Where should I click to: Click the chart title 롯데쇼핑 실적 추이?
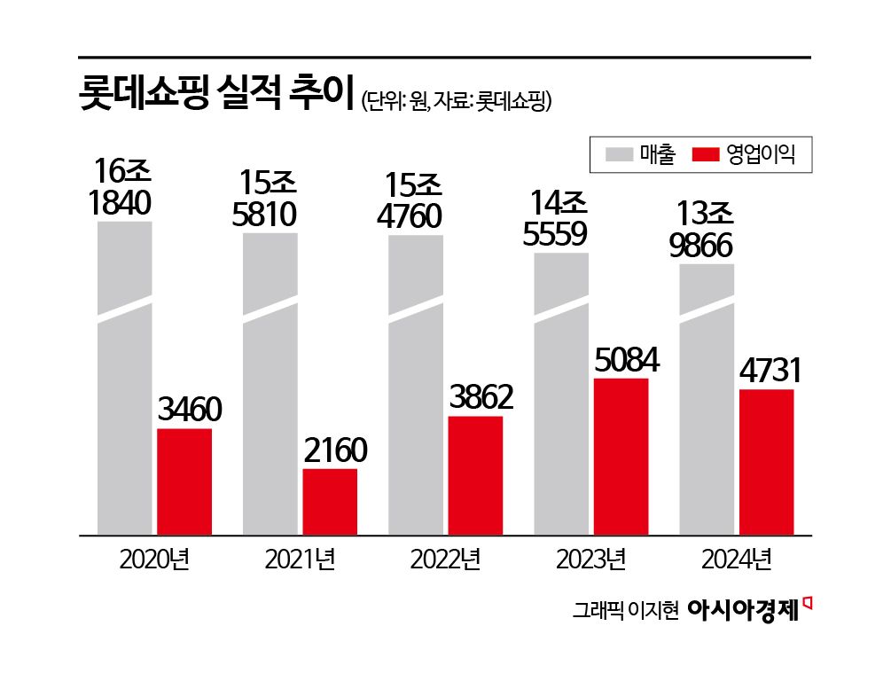click(x=216, y=95)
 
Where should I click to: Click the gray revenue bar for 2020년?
click(x=124, y=381)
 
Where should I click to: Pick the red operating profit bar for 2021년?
click(x=330, y=502)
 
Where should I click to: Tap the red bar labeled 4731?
click(x=766, y=461)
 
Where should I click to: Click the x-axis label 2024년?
click(x=736, y=561)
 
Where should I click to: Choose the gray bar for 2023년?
click(x=560, y=395)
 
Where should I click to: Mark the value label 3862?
click(x=475, y=399)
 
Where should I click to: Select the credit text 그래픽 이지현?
click(x=625, y=611)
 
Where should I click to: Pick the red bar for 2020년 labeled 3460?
click(x=184, y=481)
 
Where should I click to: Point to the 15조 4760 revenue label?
click(x=415, y=200)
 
